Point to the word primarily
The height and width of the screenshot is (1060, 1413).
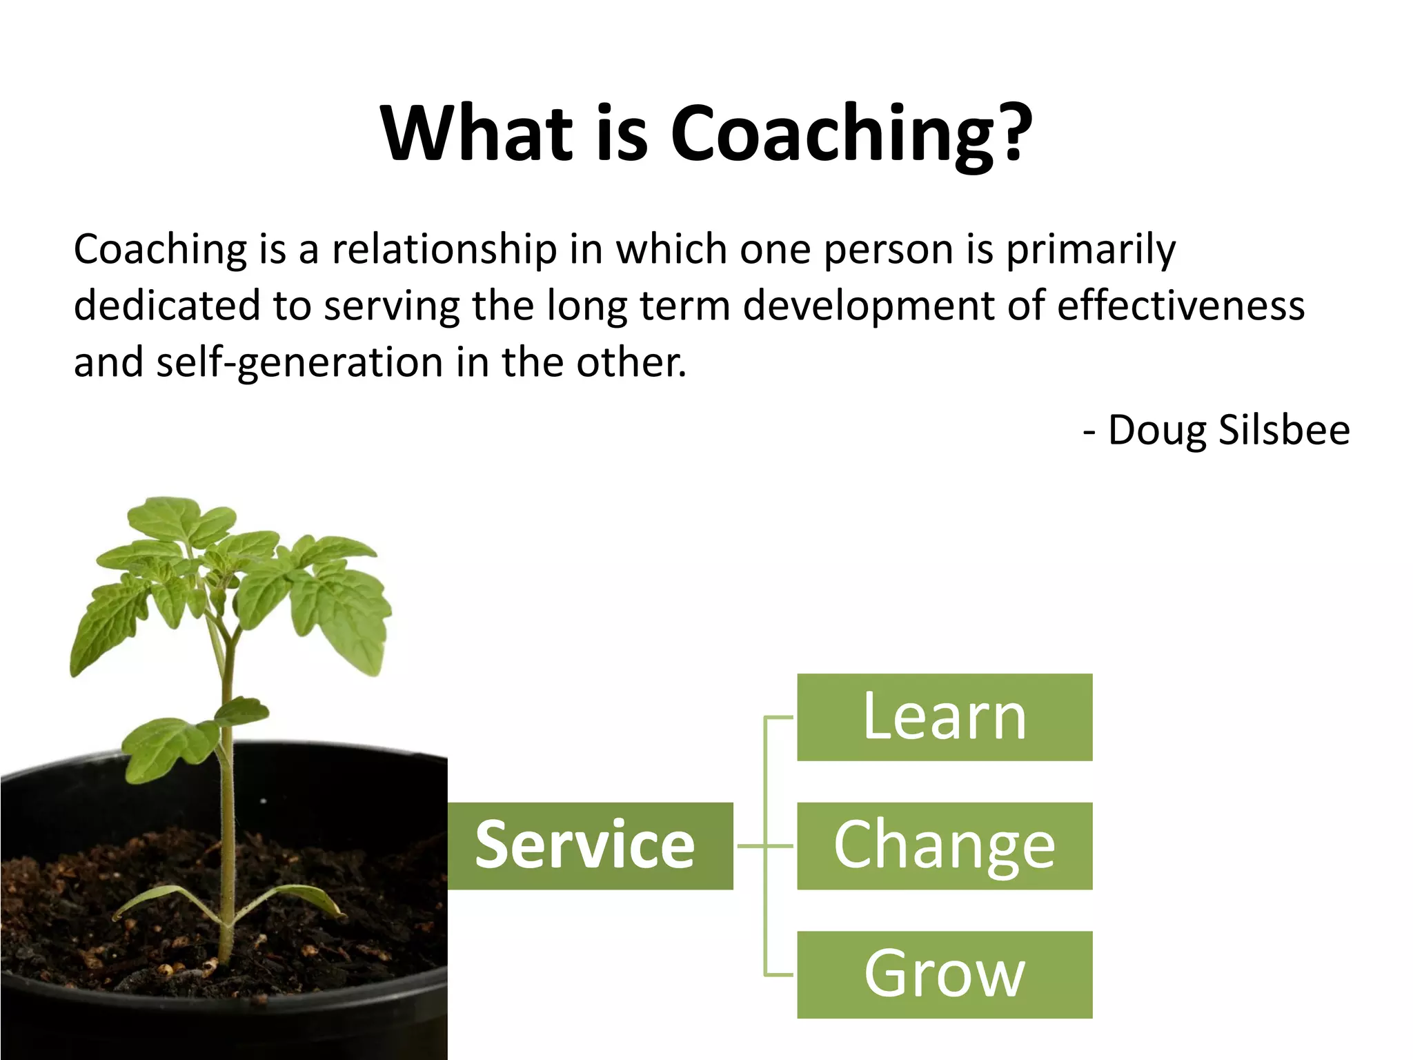tap(1090, 251)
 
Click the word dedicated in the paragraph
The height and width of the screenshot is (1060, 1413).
tap(166, 306)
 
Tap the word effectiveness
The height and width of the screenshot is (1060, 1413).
tap(1180, 306)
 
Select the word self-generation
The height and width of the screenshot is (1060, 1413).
tap(299, 363)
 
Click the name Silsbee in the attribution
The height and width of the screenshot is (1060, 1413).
tap(1283, 431)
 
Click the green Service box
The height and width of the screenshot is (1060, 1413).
tap(590, 845)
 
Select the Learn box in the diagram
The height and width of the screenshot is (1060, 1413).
tap(944, 717)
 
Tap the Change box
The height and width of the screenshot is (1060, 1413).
tap(944, 845)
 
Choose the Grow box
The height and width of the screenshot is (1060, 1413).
tap(944, 974)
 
